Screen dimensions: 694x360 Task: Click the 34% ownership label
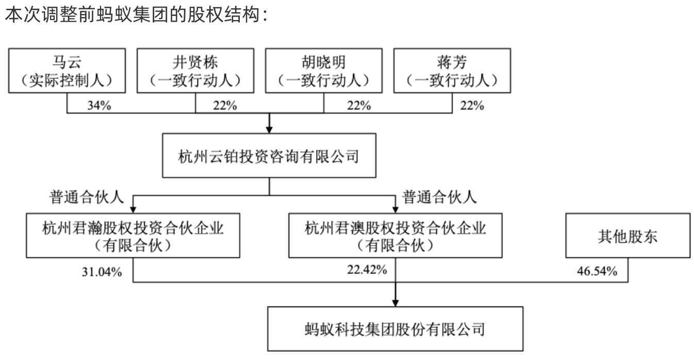[x=99, y=106]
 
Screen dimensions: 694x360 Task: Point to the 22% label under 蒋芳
[x=472, y=106]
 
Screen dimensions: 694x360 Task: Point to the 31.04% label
[x=102, y=272]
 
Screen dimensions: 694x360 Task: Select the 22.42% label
[x=367, y=270]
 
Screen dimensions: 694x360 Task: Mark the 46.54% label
[x=597, y=271]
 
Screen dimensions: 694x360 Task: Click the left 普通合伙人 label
[x=87, y=197]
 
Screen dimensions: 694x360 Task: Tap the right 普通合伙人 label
[x=439, y=197]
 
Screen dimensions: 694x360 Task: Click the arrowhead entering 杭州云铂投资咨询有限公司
[x=269, y=129]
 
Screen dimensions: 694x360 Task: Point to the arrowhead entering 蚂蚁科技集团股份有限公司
[x=395, y=303]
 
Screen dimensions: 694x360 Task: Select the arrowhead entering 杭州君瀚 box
[x=133, y=209]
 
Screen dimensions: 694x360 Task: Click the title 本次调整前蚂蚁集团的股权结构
[x=132, y=14]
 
